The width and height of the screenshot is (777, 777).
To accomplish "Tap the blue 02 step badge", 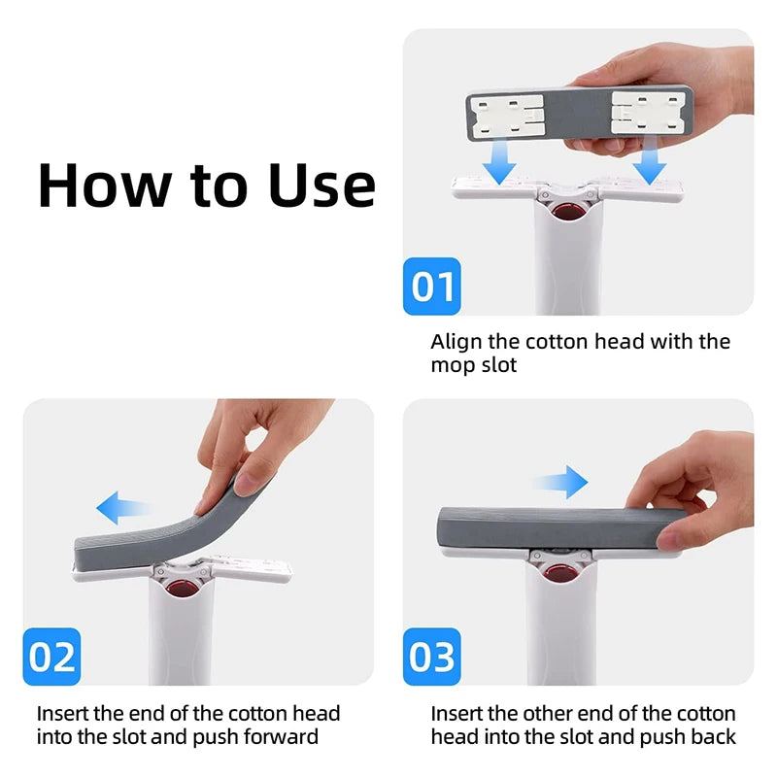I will (x=51, y=657).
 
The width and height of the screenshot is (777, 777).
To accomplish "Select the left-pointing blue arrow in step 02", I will (x=123, y=506).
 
